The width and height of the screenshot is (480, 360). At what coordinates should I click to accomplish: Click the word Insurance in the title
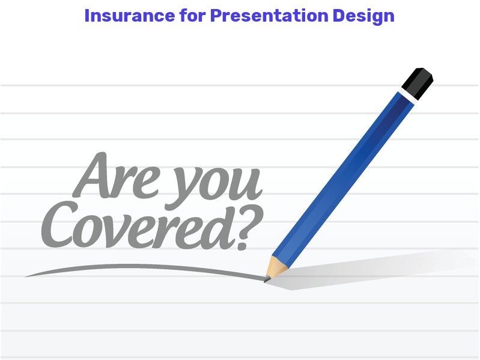click(x=130, y=16)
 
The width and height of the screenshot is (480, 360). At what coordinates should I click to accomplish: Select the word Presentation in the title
click(x=269, y=16)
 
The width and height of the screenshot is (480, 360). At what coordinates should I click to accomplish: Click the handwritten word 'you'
click(x=214, y=188)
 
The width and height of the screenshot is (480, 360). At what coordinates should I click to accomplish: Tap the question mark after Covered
click(x=249, y=227)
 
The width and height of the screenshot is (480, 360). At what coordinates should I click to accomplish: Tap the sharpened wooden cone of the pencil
click(x=276, y=267)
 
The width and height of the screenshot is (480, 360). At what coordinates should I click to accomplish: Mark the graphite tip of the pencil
click(x=267, y=279)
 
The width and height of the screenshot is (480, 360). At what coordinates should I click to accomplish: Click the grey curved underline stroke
click(x=144, y=268)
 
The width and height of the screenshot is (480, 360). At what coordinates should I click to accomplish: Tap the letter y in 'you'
click(x=182, y=190)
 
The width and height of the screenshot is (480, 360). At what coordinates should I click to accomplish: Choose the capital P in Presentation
click(x=216, y=16)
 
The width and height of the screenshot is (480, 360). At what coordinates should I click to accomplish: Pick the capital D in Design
click(x=339, y=16)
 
